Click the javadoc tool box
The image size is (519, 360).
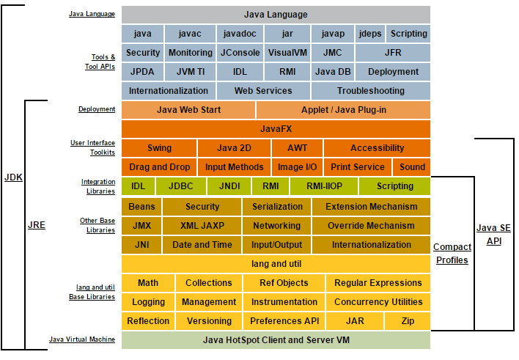[x=240, y=34]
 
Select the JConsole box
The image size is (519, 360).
[x=240, y=53]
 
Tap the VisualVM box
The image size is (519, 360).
[x=287, y=53]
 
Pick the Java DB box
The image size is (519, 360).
[x=333, y=72]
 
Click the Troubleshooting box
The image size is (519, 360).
[x=371, y=91]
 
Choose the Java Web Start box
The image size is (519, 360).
[x=188, y=110]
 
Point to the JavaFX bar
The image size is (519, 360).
[x=276, y=129]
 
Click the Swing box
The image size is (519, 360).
[x=159, y=148]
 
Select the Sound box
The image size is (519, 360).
[x=412, y=167]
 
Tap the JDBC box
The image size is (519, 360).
[x=181, y=186]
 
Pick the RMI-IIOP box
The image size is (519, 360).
[x=324, y=186]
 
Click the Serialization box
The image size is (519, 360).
[x=277, y=207]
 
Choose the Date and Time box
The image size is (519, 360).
[x=202, y=245]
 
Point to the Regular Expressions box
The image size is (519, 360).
[x=378, y=283]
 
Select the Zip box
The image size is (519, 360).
[x=408, y=321]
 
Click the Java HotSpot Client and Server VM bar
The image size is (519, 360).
[x=276, y=340]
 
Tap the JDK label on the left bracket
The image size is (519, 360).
[x=13, y=177]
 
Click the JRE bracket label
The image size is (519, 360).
[x=37, y=225]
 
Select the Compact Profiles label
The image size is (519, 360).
[x=452, y=254]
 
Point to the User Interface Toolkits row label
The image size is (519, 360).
[x=92, y=147]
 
